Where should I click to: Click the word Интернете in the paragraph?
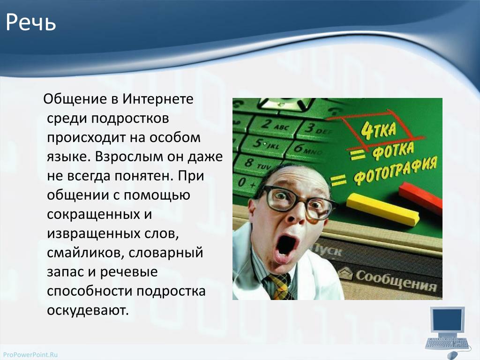(x=158, y=99)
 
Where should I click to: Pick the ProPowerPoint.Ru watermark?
(x=30, y=355)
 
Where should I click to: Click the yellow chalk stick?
(x=382, y=210)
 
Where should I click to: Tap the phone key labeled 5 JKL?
(x=265, y=144)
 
